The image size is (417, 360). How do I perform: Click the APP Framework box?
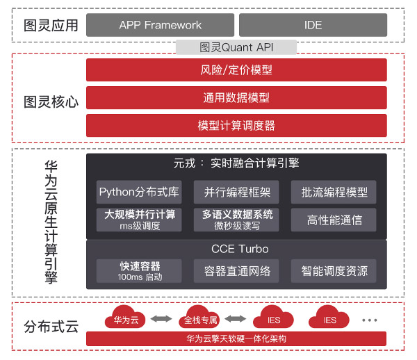[x=160, y=25]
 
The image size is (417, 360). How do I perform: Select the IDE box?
[x=313, y=25]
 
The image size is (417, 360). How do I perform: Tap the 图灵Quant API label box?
[x=236, y=47]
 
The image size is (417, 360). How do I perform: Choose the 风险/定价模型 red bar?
[x=236, y=70]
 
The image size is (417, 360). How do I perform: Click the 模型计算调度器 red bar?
[x=236, y=126]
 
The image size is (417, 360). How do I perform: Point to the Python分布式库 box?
[x=139, y=192]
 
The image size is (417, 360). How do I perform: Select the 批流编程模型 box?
[x=334, y=192]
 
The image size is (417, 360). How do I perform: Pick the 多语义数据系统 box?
[x=236, y=220]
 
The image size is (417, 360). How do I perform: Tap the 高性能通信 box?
[x=334, y=220]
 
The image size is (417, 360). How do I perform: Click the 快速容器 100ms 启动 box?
[x=139, y=271]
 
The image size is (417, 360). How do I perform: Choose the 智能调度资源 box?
[x=334, y=271]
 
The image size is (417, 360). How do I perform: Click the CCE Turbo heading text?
[x=240, y=249]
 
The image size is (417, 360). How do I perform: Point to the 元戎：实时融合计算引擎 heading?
[x=236, y=163]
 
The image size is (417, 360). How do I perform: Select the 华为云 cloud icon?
[x=125, y=318]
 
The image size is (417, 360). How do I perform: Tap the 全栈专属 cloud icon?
[x=199, y=318]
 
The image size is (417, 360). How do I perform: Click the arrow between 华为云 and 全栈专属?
[x=161, y=318]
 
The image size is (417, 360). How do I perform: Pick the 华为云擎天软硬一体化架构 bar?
[x=236, y=338]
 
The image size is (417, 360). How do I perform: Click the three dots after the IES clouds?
[x=370, y=320]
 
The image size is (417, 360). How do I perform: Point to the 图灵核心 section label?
[x=51, y=102]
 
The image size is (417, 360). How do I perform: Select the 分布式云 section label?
[x=51, y=327]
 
